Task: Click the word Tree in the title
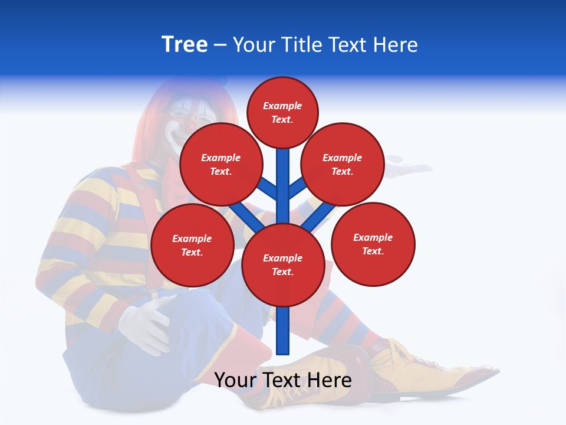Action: (185, 45)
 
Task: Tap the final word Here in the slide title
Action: (396, 45)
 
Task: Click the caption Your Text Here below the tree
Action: (282, 380)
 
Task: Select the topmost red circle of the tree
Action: (282, 113)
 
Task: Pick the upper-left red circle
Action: (221, 165)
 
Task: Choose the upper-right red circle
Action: (343, 165)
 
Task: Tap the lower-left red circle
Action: (192, 245)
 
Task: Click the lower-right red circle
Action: (373, 244)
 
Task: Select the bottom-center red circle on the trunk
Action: (283, 265)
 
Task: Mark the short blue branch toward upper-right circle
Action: (297, 189)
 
